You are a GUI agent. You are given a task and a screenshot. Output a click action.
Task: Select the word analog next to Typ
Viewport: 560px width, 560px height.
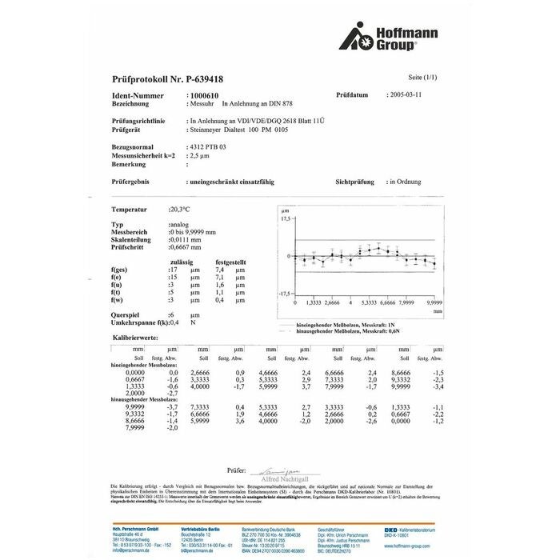(180, 224)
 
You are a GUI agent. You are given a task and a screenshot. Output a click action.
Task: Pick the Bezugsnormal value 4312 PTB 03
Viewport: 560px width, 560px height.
(206, 148)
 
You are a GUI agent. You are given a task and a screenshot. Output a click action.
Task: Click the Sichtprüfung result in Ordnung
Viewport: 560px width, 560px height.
(402, 182)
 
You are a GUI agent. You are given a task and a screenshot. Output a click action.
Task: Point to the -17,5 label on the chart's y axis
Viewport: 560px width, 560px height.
(283, 294)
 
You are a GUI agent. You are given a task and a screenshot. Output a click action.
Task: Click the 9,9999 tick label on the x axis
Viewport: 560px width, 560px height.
(434, 304)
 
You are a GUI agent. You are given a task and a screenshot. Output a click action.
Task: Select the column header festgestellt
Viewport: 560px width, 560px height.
(230, 262)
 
